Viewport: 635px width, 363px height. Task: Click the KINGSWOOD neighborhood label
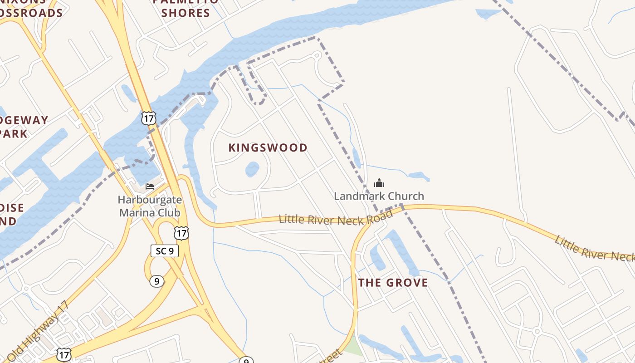268,148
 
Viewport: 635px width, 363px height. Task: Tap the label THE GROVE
393,283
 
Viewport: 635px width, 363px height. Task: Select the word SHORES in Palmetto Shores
186,13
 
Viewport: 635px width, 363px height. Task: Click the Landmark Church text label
379,196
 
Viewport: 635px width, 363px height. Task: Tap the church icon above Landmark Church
379,183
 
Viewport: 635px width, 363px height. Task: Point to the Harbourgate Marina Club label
150,206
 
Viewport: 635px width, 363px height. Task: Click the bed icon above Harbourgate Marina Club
150,186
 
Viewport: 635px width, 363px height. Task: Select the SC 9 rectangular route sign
165,250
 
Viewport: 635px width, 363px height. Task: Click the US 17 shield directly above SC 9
181,233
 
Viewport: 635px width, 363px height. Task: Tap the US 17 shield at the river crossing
148,118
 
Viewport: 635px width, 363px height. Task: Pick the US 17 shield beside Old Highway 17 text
63,355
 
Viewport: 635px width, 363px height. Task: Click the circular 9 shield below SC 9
156,281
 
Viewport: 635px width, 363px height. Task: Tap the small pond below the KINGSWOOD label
252,169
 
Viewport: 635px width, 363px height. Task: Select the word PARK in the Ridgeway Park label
14,133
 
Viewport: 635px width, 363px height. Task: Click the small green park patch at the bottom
353,347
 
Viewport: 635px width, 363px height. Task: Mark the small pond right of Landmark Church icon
419,176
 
